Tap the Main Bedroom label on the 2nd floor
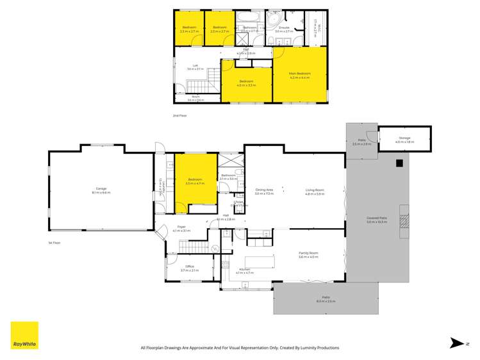point(299,75)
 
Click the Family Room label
point(308,254)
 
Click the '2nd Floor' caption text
point(179,115)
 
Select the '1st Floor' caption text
point(54,243)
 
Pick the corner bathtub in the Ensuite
point(274,15)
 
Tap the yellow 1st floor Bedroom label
point(194,181)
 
